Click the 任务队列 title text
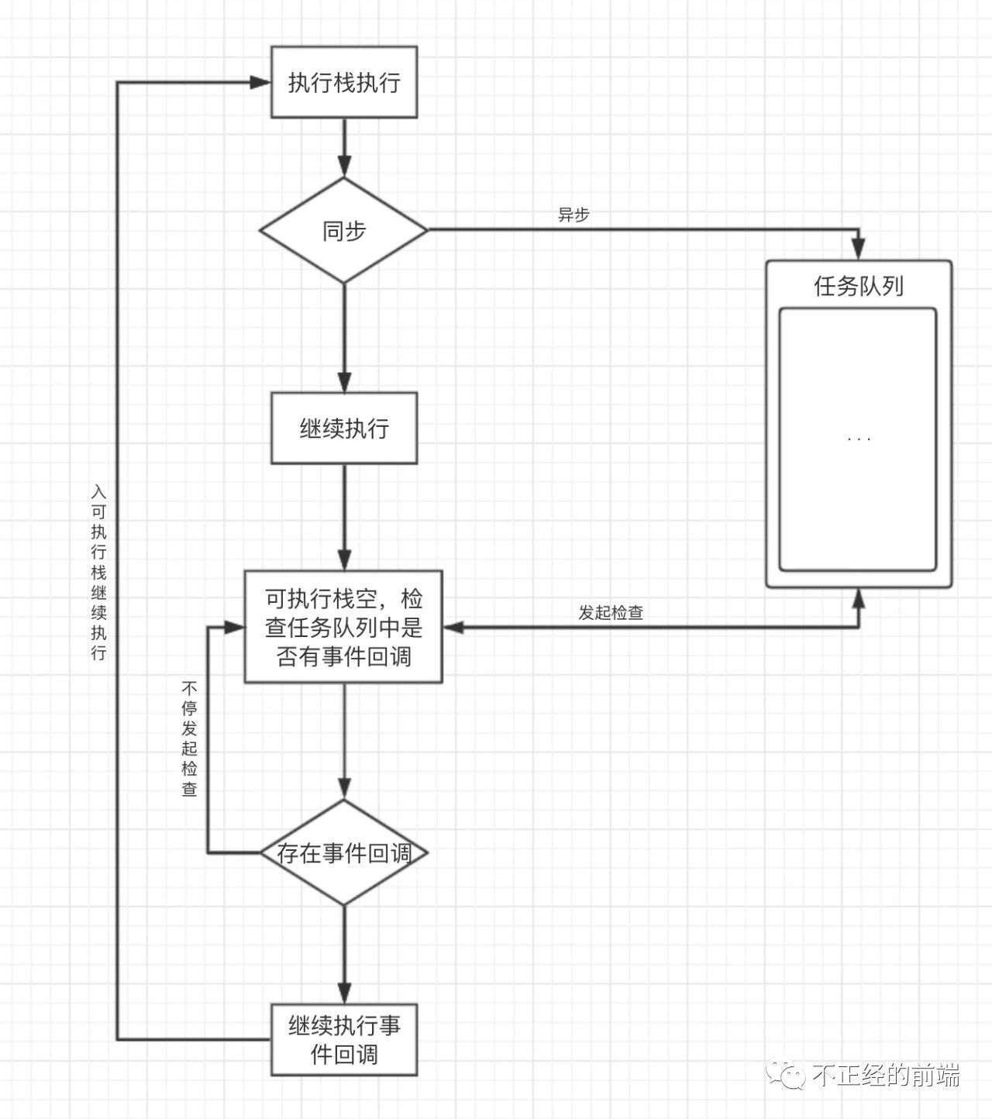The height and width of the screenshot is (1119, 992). click(859, 286)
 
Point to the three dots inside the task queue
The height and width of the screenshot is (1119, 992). click(859, 440)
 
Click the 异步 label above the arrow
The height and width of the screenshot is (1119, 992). click(573, 215)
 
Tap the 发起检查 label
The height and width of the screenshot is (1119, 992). click(611, 612)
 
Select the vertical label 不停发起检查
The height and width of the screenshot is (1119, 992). click(189, 739)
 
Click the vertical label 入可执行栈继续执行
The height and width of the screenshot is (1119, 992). click(99, 572)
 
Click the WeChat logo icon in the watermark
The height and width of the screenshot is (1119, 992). click(785, 1074)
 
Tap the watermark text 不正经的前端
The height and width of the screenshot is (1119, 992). click(886, 1075)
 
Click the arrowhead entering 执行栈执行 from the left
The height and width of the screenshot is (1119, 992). click(260, 82)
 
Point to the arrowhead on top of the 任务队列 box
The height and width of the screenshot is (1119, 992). click(859, 249)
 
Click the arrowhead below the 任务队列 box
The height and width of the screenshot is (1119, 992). click(859, 599)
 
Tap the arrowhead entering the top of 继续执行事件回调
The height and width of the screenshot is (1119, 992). click(344, 993)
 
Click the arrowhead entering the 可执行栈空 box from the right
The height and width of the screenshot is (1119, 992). click(453, 627)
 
